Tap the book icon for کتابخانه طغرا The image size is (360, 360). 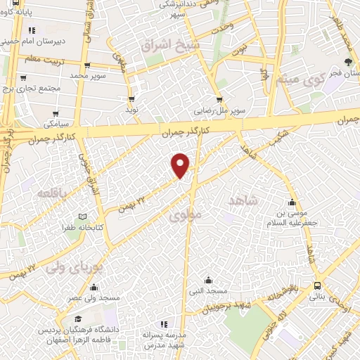(82, 217)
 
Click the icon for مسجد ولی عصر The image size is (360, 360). (94, 286)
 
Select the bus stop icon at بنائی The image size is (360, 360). (318, 285)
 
